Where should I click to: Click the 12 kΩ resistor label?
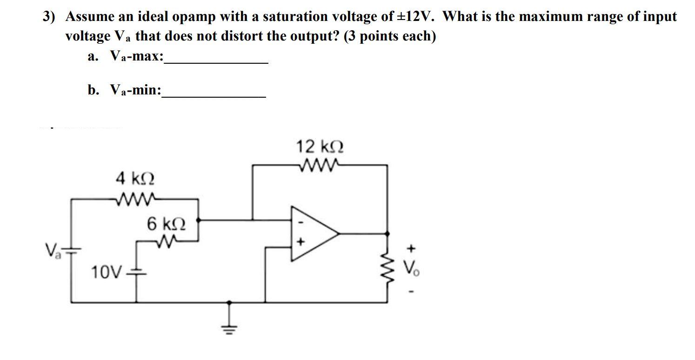tap(320, 147)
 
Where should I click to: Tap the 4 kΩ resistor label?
tap(135, 178)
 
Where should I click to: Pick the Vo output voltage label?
tap(410, 268)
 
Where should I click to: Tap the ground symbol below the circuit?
tap(228, 321)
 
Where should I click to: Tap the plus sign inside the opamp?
tap(301, 242)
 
